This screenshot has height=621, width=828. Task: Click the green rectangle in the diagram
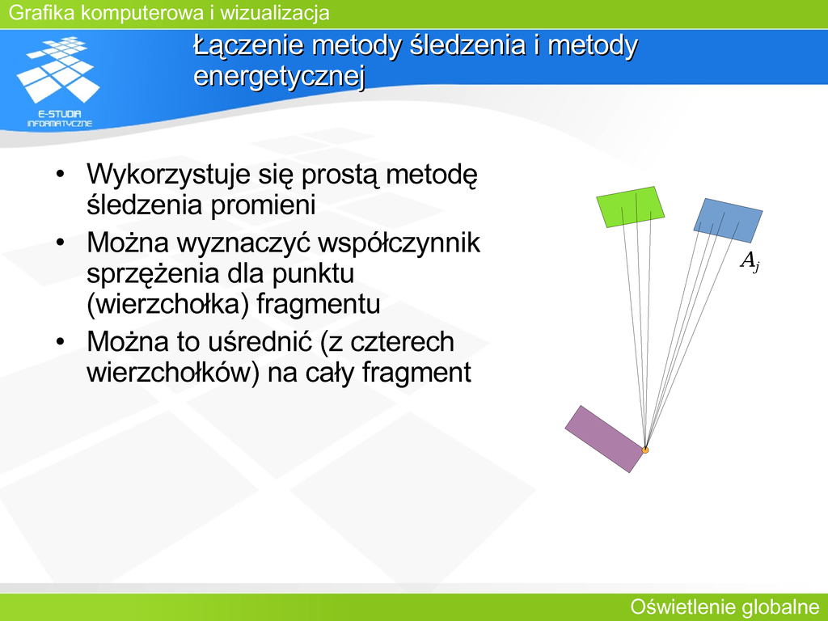pos(630,207)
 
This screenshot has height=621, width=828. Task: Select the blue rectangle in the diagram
pos(729,221)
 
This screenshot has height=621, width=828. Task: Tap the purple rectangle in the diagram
pos(605,439)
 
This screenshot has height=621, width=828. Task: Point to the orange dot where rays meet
pos(644,450)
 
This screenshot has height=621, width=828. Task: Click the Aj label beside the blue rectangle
pos(750,261)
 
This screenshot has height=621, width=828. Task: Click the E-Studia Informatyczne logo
pos(59,82)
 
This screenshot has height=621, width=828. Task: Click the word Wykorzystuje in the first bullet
pos(168,175)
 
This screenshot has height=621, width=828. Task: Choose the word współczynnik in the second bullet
pos(399,243)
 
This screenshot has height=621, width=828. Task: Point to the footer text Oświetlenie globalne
pos(725,607)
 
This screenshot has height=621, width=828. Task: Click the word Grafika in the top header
pos(42,13)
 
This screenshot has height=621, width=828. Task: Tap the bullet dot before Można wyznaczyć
pos(60,243)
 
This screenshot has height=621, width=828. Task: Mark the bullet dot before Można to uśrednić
pos(60,342)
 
